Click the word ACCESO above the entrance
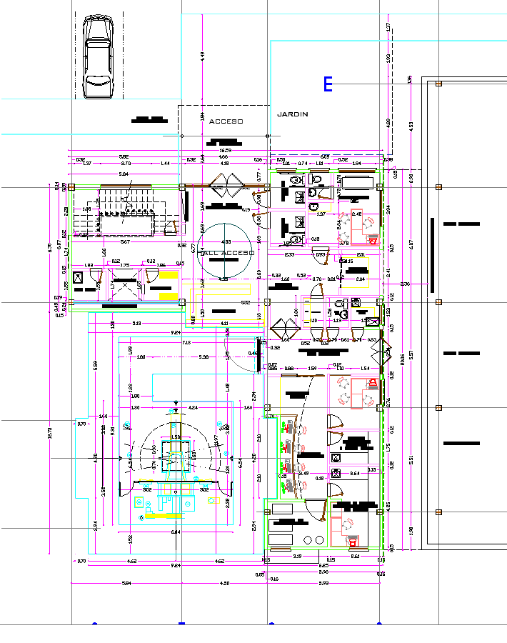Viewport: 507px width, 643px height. pos(226,121)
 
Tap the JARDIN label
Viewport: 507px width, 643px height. pos(292,114)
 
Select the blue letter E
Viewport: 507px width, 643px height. pos(328,84)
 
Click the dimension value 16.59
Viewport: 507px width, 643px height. pos(225,151)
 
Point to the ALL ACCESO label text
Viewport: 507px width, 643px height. pos(227,253)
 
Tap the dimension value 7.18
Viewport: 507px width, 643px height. pos(186,343)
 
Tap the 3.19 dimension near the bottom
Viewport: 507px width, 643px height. pos(297,556)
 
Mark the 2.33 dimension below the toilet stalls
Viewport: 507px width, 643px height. pos(289,255)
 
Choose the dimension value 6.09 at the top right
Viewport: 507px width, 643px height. pos(324,156)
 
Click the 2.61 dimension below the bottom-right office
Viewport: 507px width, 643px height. pos(355,556)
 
